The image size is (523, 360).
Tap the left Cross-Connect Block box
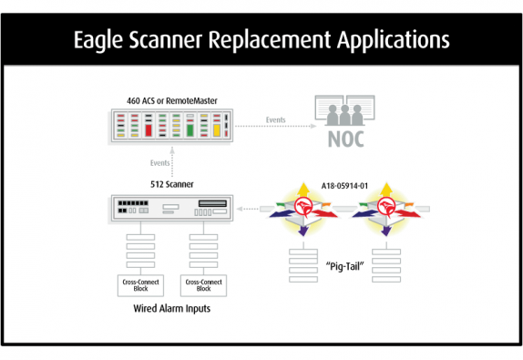pos(137,284)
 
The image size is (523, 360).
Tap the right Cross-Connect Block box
pos(204,284)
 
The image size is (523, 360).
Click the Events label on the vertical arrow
pos(160,162)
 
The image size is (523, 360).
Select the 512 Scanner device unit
pos(170,211)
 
